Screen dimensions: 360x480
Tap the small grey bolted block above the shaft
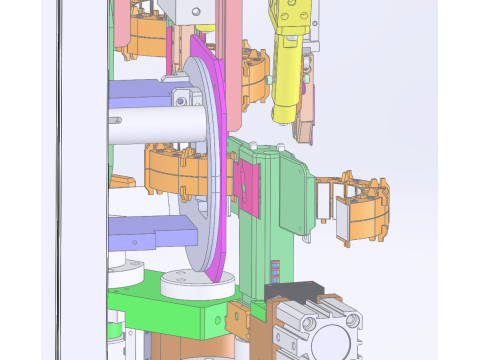pos(181,99)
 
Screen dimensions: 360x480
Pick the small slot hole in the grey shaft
pos(118,120)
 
